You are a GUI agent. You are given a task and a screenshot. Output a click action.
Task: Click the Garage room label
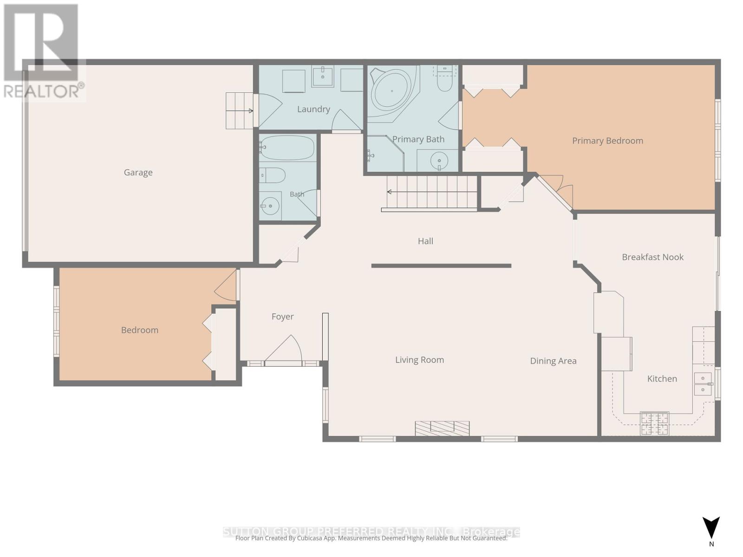pos(138,173)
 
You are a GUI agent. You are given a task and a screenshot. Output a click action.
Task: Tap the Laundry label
pos(313,109)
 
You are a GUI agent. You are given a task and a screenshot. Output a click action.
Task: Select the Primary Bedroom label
pos(607,141)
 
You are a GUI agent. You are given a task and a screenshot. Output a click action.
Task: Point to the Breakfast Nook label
pos(652,257)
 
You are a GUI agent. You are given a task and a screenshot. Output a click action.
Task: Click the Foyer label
pos(282,317)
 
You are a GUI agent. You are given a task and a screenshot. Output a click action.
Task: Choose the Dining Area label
pos(553,361)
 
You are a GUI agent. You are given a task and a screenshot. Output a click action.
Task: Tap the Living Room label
pos(419,360)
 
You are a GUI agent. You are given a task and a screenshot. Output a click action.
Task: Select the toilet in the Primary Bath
pos(444,78)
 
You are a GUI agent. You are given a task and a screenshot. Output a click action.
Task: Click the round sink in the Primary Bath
pos(439,161)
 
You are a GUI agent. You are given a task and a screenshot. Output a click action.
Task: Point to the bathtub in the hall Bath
pos(287,148)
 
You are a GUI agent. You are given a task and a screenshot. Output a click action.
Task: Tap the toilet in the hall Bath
pos(273,175)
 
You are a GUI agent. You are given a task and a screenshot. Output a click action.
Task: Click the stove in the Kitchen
pos(654,423)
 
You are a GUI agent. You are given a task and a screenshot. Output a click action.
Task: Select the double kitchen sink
pos(703,384)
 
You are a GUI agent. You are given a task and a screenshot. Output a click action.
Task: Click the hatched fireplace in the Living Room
pos(442,428)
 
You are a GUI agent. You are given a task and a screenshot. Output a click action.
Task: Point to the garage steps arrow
pos(239,110)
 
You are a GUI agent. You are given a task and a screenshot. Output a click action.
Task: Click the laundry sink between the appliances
pos(322,77)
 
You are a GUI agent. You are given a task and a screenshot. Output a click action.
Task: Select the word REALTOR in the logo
pos(41,91)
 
